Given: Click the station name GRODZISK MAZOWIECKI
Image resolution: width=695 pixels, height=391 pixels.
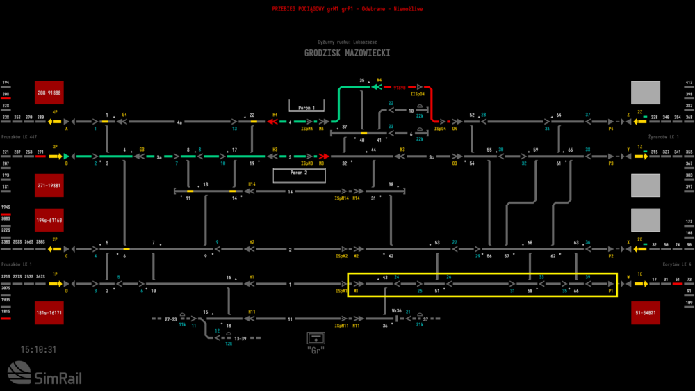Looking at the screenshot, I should tap(347, 53).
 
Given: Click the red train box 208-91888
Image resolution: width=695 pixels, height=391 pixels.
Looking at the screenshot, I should tap(49, 93).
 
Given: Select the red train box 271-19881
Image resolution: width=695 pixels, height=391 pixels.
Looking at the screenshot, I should tap(49, 186).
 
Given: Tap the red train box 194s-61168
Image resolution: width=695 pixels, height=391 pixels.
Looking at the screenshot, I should tap(49, 220).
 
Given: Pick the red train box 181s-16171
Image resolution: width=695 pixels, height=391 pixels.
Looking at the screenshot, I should tap(49, 313).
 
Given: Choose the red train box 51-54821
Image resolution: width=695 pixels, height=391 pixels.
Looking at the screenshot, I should tap(645, 313).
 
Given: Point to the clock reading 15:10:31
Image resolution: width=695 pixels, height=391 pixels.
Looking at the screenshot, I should tap(38, 349).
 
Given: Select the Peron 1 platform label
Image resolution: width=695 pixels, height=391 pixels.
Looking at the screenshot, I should tap(306, 109).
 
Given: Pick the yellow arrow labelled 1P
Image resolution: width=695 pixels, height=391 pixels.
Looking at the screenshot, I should tap(55, 284).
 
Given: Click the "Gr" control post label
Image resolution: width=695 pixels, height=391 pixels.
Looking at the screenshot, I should tap(317, 350).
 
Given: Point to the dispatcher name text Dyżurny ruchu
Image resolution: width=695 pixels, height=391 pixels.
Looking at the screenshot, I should tap(347, 42).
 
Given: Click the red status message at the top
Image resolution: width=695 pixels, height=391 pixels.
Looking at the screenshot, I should tap(347, 10).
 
